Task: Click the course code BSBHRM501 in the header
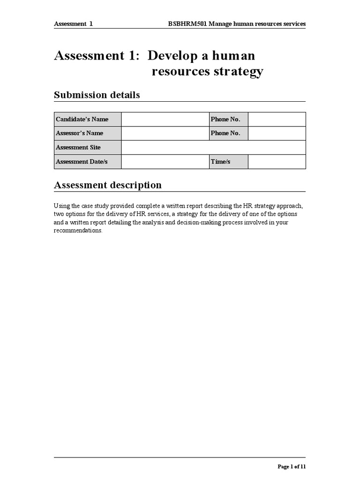point(185,24)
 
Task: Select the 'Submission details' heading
point(97,95)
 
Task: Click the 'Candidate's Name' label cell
point(88,120)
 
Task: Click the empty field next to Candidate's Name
point(165,120)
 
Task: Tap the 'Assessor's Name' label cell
point(88,134)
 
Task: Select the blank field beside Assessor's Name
point(165,134)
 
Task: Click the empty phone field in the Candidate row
point(277,120)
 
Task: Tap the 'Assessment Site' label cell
point(88,148)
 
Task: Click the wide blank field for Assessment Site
point(213,148)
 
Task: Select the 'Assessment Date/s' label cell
point(88,162)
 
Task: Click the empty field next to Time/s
point(277,162)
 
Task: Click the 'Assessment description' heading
point(108,185)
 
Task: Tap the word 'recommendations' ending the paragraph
point(77,231)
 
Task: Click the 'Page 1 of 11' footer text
point(292,467)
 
